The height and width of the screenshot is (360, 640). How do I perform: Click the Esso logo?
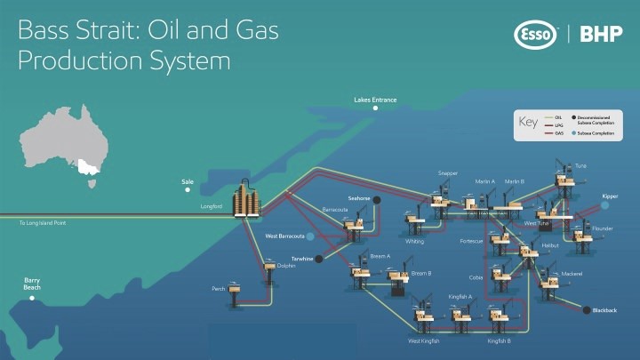click(535, 35)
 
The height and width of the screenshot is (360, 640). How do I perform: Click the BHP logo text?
click(601, 35)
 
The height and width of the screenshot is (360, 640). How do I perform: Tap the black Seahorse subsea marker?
click(378, 199)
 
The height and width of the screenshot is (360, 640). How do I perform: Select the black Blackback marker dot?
click(586, 310)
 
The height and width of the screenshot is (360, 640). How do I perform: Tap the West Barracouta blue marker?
click(311, 236)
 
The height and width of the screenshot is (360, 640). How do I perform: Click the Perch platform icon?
click(235, 290)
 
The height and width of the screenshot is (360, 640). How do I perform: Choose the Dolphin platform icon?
click(269, 266)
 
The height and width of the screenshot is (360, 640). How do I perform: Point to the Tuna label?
click(580, 165)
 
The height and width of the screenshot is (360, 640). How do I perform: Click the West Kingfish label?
click(424, 340)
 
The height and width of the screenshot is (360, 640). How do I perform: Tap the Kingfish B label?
click(499, 340)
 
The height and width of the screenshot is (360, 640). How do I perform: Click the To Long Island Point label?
click(42, 223)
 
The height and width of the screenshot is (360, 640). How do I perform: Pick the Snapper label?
click(447, 172)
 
